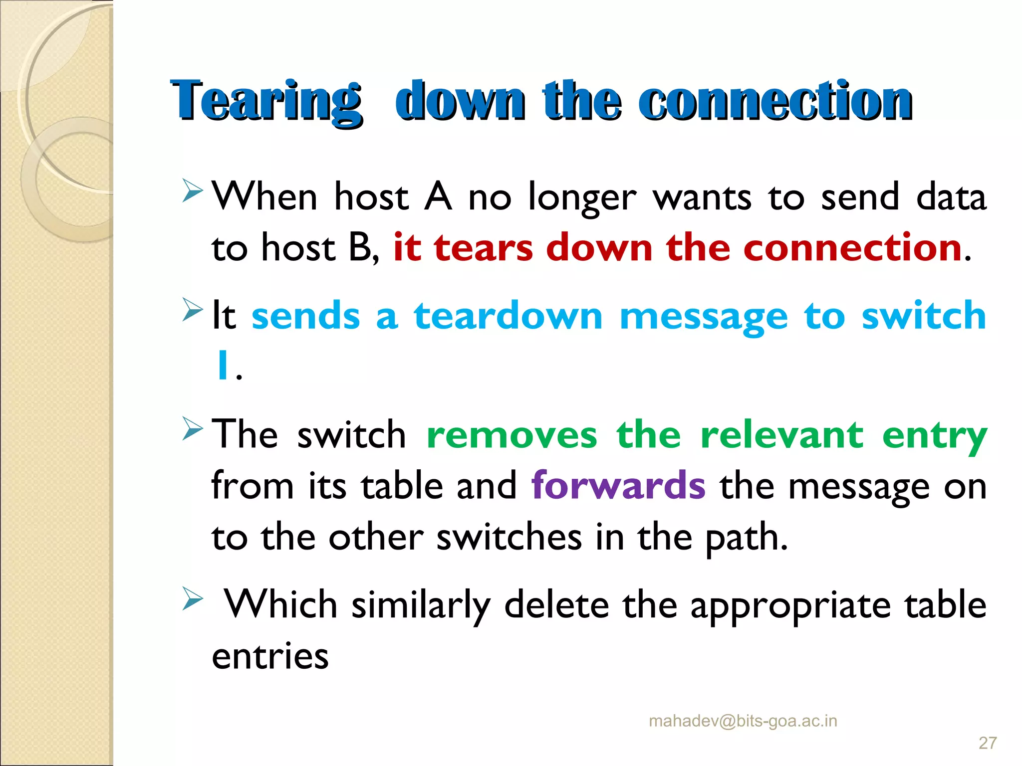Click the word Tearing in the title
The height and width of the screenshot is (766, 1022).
[x=265, y=101]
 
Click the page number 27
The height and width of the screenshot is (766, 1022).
[x=988, y=743]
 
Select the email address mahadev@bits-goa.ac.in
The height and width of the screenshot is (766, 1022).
[x=743, y=721]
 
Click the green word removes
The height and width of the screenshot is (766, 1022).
[x=511, y=435]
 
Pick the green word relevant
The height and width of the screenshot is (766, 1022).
[x=781, y=435]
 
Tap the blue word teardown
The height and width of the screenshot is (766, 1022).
[x=508, y=316]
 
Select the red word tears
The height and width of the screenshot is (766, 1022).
[x=483, y=248]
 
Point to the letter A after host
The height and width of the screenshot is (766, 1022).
[x=438, y=197]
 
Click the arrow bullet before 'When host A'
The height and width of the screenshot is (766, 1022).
[x=192, y=191]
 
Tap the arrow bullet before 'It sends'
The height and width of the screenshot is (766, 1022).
[x=192, y=309]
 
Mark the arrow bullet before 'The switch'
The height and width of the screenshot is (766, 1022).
[x=192, y=428]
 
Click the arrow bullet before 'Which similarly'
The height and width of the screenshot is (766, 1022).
[x=192, y=598]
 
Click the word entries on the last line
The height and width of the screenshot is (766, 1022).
[x=270, y=656]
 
